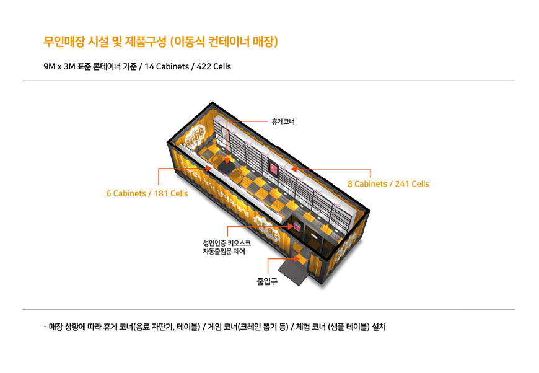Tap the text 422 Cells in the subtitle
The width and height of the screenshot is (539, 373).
pos(214,66)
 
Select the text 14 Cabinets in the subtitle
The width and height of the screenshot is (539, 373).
pos(165,66)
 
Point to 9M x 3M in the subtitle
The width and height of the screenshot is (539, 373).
pos(59,66)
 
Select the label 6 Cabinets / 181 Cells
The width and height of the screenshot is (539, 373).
pos(147,193)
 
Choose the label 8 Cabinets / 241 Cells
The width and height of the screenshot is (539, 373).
pos(388,184)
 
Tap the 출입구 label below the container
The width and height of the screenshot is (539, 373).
pos(267,281)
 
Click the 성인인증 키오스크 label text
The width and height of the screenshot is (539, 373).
pos(222,243)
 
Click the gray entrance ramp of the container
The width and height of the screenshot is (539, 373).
pos(296,270)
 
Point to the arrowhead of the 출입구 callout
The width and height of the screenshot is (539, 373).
pos(292,260)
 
